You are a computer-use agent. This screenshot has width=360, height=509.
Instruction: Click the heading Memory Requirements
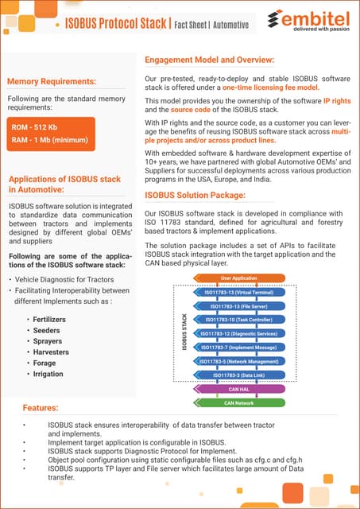[52, 81]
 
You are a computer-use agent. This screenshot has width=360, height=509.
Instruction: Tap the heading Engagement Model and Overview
[210, 60]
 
